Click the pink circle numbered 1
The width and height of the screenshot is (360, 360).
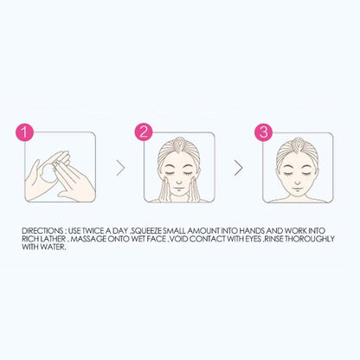27,133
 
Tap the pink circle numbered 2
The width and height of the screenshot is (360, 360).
144,133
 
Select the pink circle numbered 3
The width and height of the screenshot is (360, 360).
263,133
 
